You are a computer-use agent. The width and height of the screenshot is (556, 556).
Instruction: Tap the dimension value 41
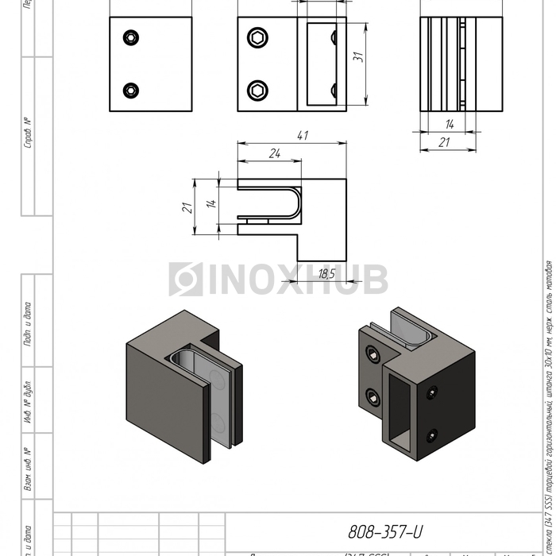point(302,136)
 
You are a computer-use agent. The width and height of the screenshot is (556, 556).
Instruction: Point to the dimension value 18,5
point(326,274)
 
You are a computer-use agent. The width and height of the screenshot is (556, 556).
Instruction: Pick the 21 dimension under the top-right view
point(445,141)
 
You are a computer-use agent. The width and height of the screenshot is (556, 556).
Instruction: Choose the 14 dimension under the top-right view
point(449,124)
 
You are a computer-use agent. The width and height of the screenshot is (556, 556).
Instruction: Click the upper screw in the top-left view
point(130,37)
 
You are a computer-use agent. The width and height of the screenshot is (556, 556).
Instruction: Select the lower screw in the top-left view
point(130,90)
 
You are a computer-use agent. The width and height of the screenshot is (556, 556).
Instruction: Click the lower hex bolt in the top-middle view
point(258,89)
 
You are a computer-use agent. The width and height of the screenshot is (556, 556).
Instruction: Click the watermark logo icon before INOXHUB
point(185,280)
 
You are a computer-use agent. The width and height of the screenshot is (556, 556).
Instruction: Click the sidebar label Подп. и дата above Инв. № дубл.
point(29,324)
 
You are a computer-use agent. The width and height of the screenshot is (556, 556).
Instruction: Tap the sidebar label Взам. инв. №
point(29,469)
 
